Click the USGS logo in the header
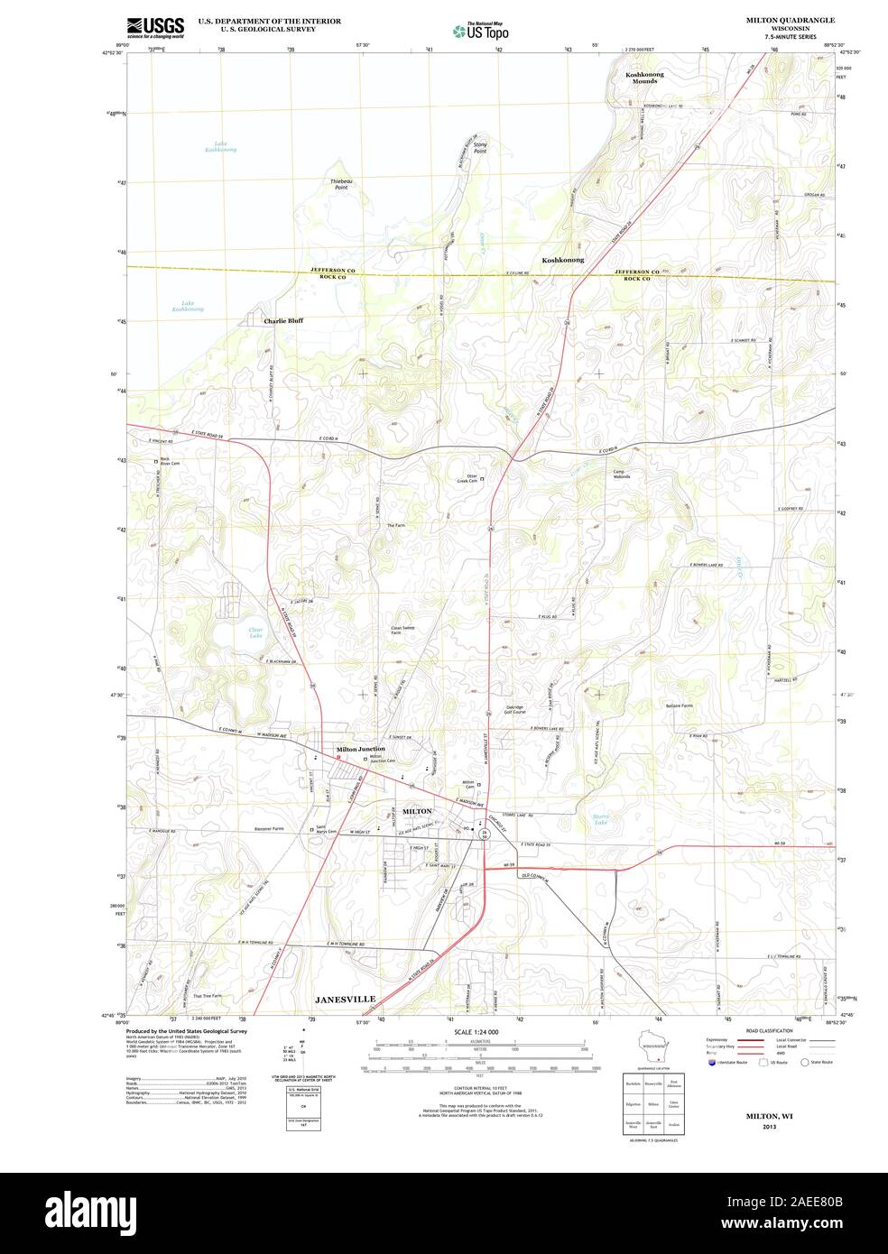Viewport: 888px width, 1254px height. (x=155, y=26)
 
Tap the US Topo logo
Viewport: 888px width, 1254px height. (x=482, y=31)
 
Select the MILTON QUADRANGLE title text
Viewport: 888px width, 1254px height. (x=790, y=19)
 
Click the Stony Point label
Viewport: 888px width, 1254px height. (x=480, y=148)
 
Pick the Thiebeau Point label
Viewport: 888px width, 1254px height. (x=341, y=185)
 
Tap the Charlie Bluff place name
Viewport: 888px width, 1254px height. (x=283, y=320)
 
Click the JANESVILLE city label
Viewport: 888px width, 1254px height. (x=345, y=1000)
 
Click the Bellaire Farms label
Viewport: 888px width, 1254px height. (x=679, y=705)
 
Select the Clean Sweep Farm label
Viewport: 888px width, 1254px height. (x=402, y=630)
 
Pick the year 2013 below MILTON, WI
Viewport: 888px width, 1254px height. (x=769, y=1128)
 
